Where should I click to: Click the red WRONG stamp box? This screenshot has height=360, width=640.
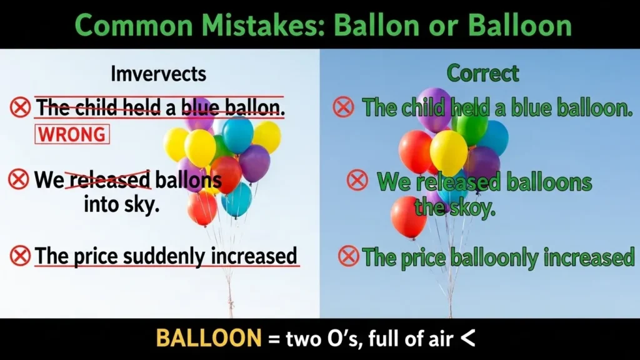[72, 134]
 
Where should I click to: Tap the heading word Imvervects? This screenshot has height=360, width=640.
[158, 74]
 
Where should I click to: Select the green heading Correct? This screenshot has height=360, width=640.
[482, 74]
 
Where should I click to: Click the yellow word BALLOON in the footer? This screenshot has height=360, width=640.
[208, 338]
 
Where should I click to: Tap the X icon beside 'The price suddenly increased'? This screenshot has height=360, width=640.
[20, 256]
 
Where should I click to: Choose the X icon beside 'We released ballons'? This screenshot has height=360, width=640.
[19, 180]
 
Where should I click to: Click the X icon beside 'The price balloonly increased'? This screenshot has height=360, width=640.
[348, 256]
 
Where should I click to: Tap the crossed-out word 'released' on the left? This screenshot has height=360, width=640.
[110, 180]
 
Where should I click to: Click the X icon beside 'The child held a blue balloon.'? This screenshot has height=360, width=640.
[343, 107]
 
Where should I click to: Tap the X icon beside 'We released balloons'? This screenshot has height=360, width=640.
[357, 181]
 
